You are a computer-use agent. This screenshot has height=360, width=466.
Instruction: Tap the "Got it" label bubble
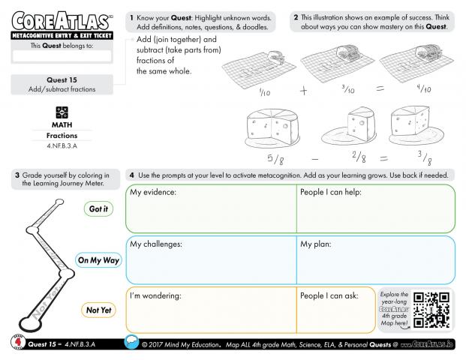coord(98,209)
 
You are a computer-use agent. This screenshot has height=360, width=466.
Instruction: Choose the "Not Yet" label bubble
coord(98,310)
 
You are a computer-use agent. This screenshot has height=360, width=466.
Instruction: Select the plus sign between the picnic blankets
coord(304,91)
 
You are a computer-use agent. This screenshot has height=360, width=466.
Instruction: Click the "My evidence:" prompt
coord(153,193)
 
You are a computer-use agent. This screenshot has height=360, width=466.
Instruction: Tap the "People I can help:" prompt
coord(331,193)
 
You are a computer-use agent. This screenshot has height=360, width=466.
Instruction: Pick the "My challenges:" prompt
coord(156,244)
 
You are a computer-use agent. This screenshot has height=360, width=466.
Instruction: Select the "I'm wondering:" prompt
coord(155,295)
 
